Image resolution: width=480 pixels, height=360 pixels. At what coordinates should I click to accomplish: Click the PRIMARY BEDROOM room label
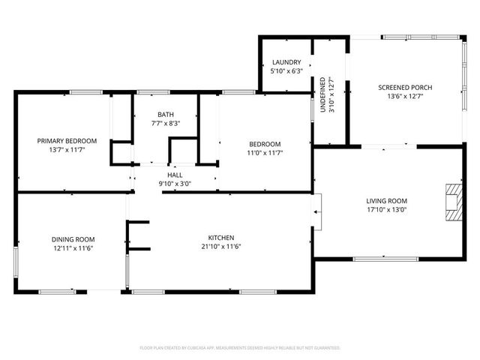[x=67, y=140]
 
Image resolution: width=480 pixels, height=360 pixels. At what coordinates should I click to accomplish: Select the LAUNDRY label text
[x=286, y=62]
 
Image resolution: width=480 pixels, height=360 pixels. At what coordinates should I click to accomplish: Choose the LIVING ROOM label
[x=386, y=200]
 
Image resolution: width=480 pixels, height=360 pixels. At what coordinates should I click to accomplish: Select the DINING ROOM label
[x=73, y=239]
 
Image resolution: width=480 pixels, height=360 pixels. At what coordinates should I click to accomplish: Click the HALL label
[x=175, y=175]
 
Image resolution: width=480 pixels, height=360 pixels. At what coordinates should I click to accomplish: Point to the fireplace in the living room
[x=453, y=202]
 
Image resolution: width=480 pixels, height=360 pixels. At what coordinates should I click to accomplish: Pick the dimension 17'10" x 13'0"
[x=386, y=209]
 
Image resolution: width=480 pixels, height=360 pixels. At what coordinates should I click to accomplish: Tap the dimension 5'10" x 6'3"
[x=286, y=70]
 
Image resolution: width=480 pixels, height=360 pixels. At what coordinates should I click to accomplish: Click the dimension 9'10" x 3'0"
[x=175, y=183]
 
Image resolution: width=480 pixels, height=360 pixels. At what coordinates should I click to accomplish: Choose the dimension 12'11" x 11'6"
[x=73, y=247]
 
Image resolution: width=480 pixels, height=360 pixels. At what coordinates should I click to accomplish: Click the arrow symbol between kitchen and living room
[x=316, y=211]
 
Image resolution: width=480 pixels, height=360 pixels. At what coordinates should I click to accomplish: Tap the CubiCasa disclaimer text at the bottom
[x=240, y=347]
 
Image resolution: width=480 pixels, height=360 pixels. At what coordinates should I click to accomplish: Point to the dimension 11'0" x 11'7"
[x=265, y=152]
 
